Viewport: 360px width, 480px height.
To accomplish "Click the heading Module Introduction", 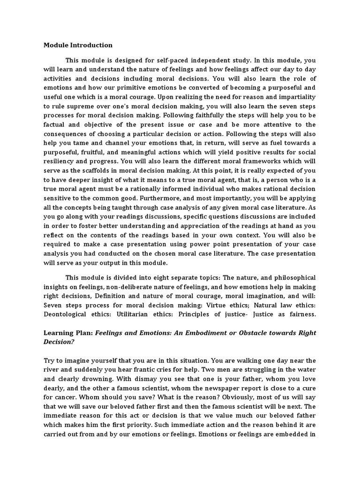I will [x=78, y=45].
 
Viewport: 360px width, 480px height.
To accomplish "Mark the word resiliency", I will [x=63, y=161].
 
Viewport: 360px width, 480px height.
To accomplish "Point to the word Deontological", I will [x=66, y=315].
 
